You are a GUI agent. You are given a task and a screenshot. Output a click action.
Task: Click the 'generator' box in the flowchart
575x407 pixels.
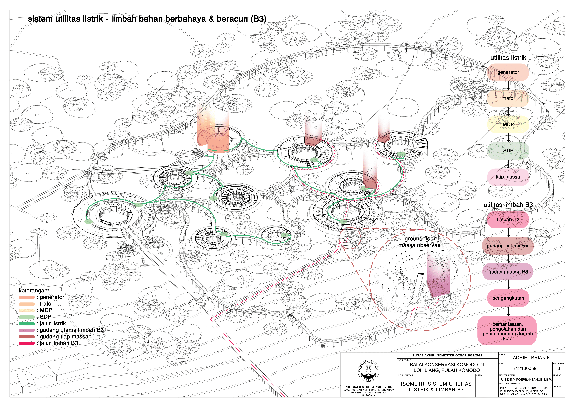click(x=508, y=72)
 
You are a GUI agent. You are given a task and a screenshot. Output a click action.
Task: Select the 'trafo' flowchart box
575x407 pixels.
click(x=508, y=98)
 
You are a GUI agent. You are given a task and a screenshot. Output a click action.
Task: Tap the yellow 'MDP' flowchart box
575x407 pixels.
click(x=508, y=124)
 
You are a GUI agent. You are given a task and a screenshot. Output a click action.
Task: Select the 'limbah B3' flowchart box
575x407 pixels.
click(x=508, y=219)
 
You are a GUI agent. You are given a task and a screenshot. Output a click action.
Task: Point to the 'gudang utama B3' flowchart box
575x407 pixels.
click(x=508, y=272)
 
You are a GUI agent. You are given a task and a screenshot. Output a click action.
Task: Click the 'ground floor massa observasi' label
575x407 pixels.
click(x=420, y=242)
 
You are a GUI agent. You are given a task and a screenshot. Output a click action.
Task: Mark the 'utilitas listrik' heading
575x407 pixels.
click(x=508, y=58)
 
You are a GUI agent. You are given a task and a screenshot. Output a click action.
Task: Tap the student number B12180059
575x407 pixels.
click(x=524, y=368)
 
